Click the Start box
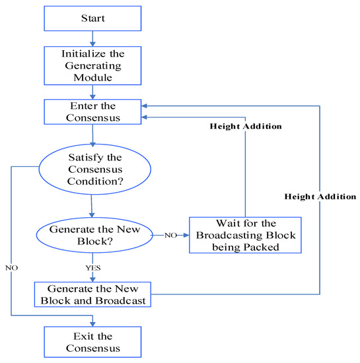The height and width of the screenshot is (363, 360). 93,18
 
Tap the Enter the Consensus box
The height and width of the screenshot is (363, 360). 93,111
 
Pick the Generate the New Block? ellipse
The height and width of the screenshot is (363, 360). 93,235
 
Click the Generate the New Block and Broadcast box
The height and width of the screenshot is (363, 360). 92,294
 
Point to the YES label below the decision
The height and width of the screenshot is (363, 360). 92,269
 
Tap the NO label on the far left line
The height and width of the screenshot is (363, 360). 12,269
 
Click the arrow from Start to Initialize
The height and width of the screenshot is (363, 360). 93,39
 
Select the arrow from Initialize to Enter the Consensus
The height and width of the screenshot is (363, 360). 93,93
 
